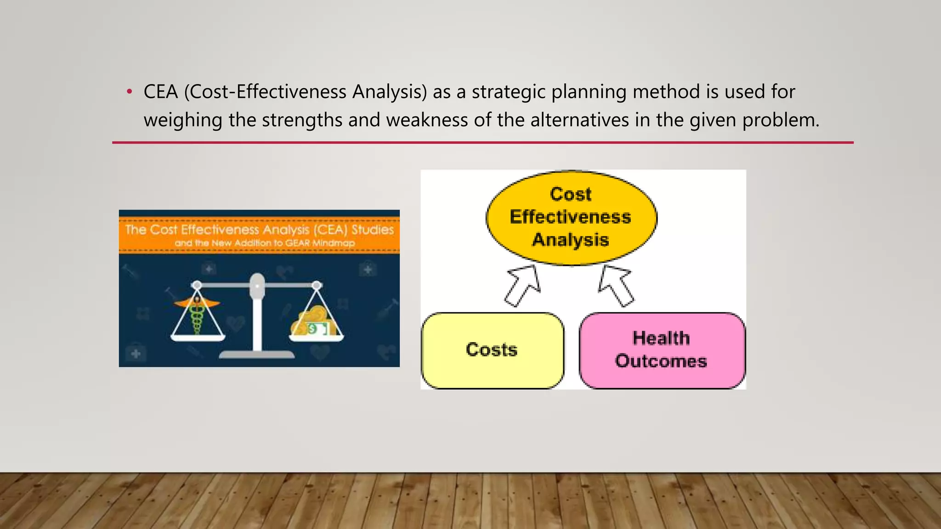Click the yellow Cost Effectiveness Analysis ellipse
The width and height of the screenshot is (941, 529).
(571, 217)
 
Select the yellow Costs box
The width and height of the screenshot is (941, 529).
(492, 350)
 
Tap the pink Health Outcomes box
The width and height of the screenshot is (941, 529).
(662, 350)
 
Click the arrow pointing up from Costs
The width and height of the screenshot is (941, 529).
(523, 286)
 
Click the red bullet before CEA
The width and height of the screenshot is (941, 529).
(130, 92)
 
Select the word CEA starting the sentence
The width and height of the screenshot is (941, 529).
(160, 92)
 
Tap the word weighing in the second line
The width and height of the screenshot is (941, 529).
(183, 120)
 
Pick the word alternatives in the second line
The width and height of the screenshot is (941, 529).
(580, 120)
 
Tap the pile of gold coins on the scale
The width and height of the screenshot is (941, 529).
(312, 317)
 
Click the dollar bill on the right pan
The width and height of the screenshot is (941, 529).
(317, 329)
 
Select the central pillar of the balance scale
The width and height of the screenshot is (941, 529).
(257, 317)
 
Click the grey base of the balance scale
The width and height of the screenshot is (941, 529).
(257, 355)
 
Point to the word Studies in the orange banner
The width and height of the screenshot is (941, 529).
(373, 230)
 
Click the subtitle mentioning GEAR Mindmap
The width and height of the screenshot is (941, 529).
(265, 243)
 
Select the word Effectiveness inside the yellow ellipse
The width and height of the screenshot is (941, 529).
(570, 217)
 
